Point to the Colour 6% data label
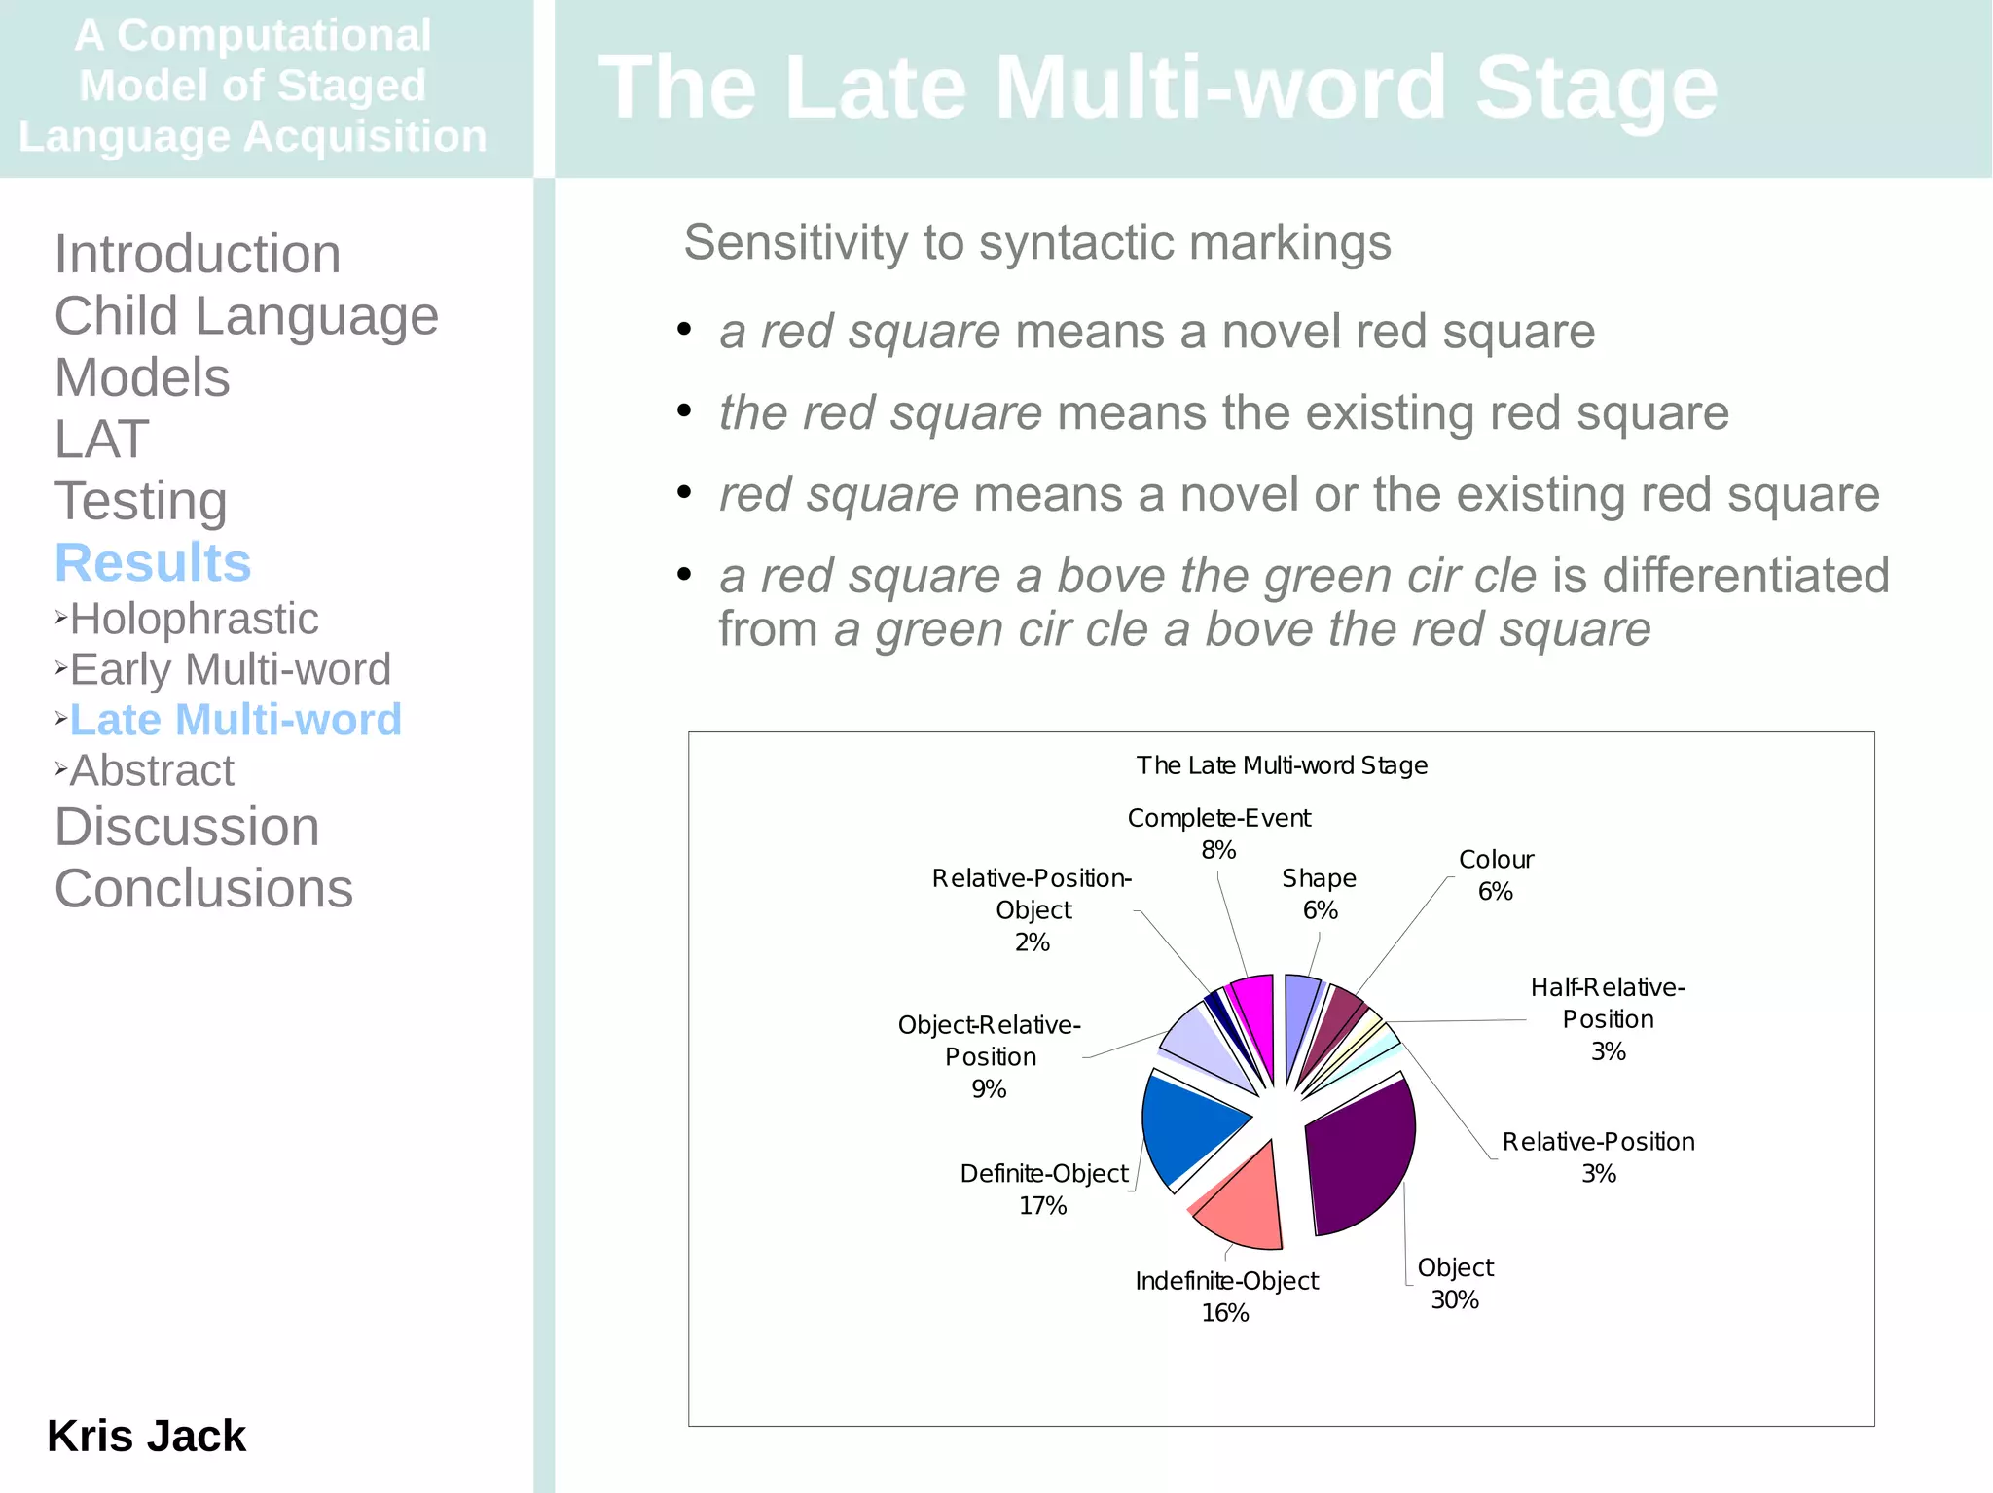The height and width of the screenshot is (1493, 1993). [1496, 875]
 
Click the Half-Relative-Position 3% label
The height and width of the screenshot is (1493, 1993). [1608, 1018]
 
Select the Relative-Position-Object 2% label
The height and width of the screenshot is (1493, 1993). [1032, 909]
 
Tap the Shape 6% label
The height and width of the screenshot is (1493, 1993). [1319, 894]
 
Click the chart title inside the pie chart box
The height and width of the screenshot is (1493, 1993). [1282, 765]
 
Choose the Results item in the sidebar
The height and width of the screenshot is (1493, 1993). [153, 562]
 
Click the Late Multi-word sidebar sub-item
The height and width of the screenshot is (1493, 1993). [236, 720]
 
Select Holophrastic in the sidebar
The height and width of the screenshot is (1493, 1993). [194, 619]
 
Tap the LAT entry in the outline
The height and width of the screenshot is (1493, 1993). [102, 439]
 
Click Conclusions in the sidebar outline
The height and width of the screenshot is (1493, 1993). [203, 888]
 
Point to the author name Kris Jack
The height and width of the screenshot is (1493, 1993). [146, 1436]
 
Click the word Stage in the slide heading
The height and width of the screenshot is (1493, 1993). [1596, 88]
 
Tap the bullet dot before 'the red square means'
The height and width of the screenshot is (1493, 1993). [684, 411]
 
